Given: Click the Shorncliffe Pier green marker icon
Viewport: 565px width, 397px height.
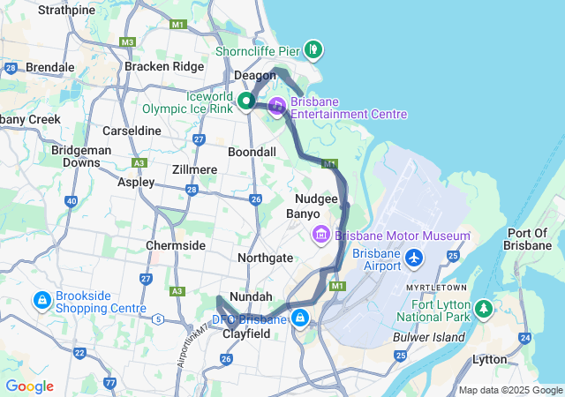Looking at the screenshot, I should (x=313, y=48).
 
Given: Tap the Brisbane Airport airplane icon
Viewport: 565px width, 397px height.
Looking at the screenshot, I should (x=415, y=258).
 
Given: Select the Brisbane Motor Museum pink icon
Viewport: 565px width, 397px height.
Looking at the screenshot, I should (x=320, y=235).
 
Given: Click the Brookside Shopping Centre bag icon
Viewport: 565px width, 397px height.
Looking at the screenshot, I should (x=41, y=301).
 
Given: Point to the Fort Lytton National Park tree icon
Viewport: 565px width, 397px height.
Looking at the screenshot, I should (x=483, y=309).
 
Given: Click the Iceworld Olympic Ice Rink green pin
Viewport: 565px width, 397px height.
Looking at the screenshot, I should (x=247, y=101).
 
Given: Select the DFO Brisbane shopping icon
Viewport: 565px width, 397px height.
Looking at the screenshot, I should (x=301, y=318).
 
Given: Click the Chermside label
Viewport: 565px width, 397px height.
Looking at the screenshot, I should (x=175, y=244).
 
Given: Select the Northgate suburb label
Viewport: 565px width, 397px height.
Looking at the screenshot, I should (x=265, y=258).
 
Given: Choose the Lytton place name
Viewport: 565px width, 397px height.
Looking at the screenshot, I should (x=490, y=359).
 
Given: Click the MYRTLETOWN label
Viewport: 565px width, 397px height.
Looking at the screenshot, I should (x=436, y=288).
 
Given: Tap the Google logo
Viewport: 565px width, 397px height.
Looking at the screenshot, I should (x=29, y=386).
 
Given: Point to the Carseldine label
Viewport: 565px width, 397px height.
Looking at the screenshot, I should (x=132, y=131).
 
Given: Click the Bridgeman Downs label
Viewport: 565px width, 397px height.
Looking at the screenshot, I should (x=75, y=156).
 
